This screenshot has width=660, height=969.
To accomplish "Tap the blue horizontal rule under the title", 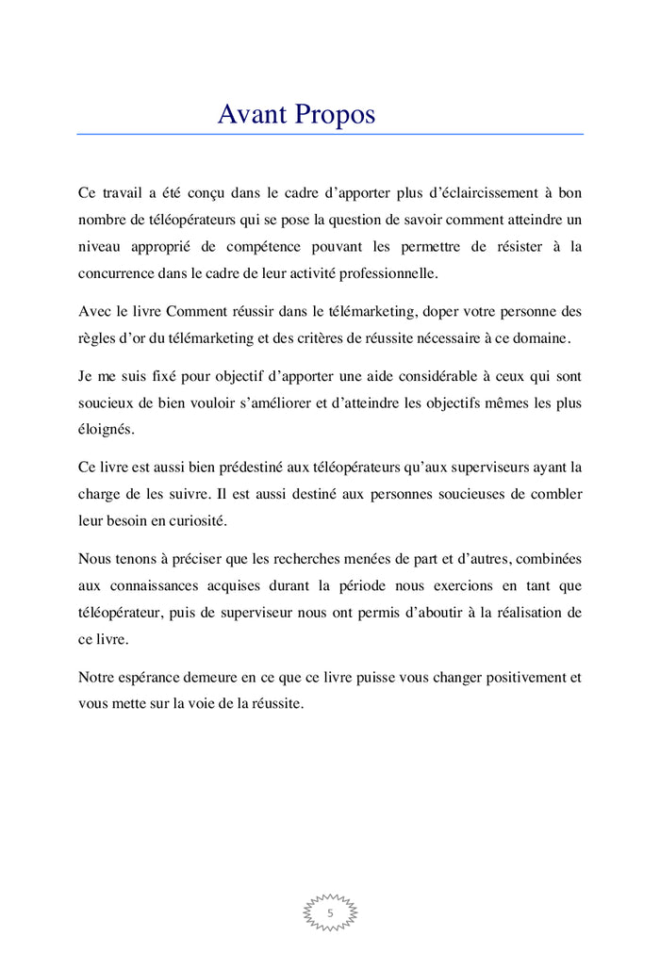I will click(x=330, y=134).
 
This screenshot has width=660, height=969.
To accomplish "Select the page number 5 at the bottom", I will click(x=330, y=913).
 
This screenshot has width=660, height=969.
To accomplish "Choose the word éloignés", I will click(x=107, y=430).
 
